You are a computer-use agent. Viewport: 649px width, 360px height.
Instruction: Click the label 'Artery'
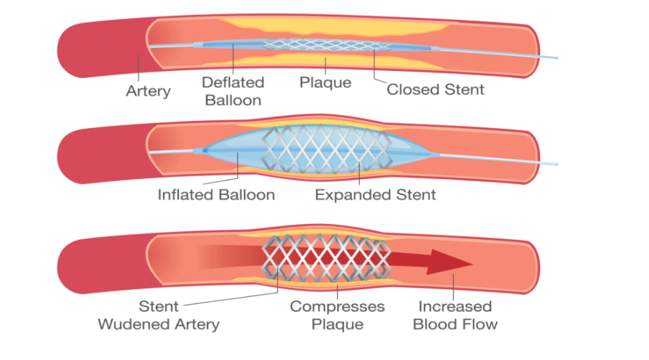coord(148,91)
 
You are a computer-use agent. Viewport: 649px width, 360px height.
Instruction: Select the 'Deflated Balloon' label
coord(233,91)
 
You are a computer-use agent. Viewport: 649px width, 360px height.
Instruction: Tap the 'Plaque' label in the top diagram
coord(326,82)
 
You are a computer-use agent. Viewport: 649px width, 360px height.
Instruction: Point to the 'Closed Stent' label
coord(435,89)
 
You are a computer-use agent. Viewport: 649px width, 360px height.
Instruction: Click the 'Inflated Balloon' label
coord(216,195)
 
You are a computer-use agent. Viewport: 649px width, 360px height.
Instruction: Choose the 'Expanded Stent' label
coord(375,195)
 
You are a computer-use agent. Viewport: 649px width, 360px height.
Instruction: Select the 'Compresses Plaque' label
coord(336,315)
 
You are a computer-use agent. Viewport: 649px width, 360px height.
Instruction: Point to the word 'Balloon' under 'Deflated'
coord(233,99)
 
